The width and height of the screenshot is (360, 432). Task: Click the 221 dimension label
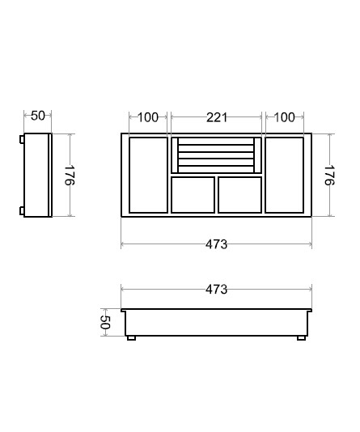tap(217, 117)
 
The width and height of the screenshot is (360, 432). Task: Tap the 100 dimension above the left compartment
tap(148, 117)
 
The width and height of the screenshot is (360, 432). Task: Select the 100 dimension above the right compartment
tap(285, 117)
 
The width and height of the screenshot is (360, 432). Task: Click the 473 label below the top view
tap(217, 244)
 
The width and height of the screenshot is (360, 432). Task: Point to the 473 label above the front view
tap(217, 290)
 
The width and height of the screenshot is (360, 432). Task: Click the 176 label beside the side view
tap(70, 176)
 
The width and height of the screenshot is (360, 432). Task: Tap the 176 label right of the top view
tap(329, 176)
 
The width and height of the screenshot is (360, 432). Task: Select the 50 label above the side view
tap(38, 116)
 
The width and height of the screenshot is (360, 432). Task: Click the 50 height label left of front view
tap(105, 322)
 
